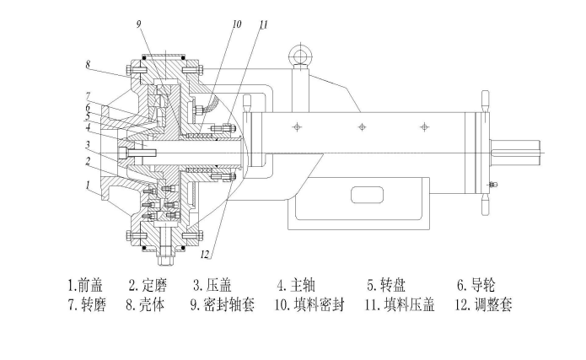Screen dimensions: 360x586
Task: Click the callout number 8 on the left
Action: pyautogui.click(x=87, y=63)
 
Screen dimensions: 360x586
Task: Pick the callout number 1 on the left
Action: pyautogui.click(x=87, y=183)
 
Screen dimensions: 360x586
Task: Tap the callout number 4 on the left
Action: pyautogui.click(x=87, y=128)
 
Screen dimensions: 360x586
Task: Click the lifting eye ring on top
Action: pyautogui.click(x=298, y=56)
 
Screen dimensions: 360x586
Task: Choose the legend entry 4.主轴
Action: pyautogui.click(x=296, y=285)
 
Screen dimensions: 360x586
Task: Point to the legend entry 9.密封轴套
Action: pyautogui.click(x=222, y=304)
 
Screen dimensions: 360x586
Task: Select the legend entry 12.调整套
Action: pyautogui.click(x=485, y=304)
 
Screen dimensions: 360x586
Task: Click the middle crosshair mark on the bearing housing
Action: pyautogui.click(x=360, y=126)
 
